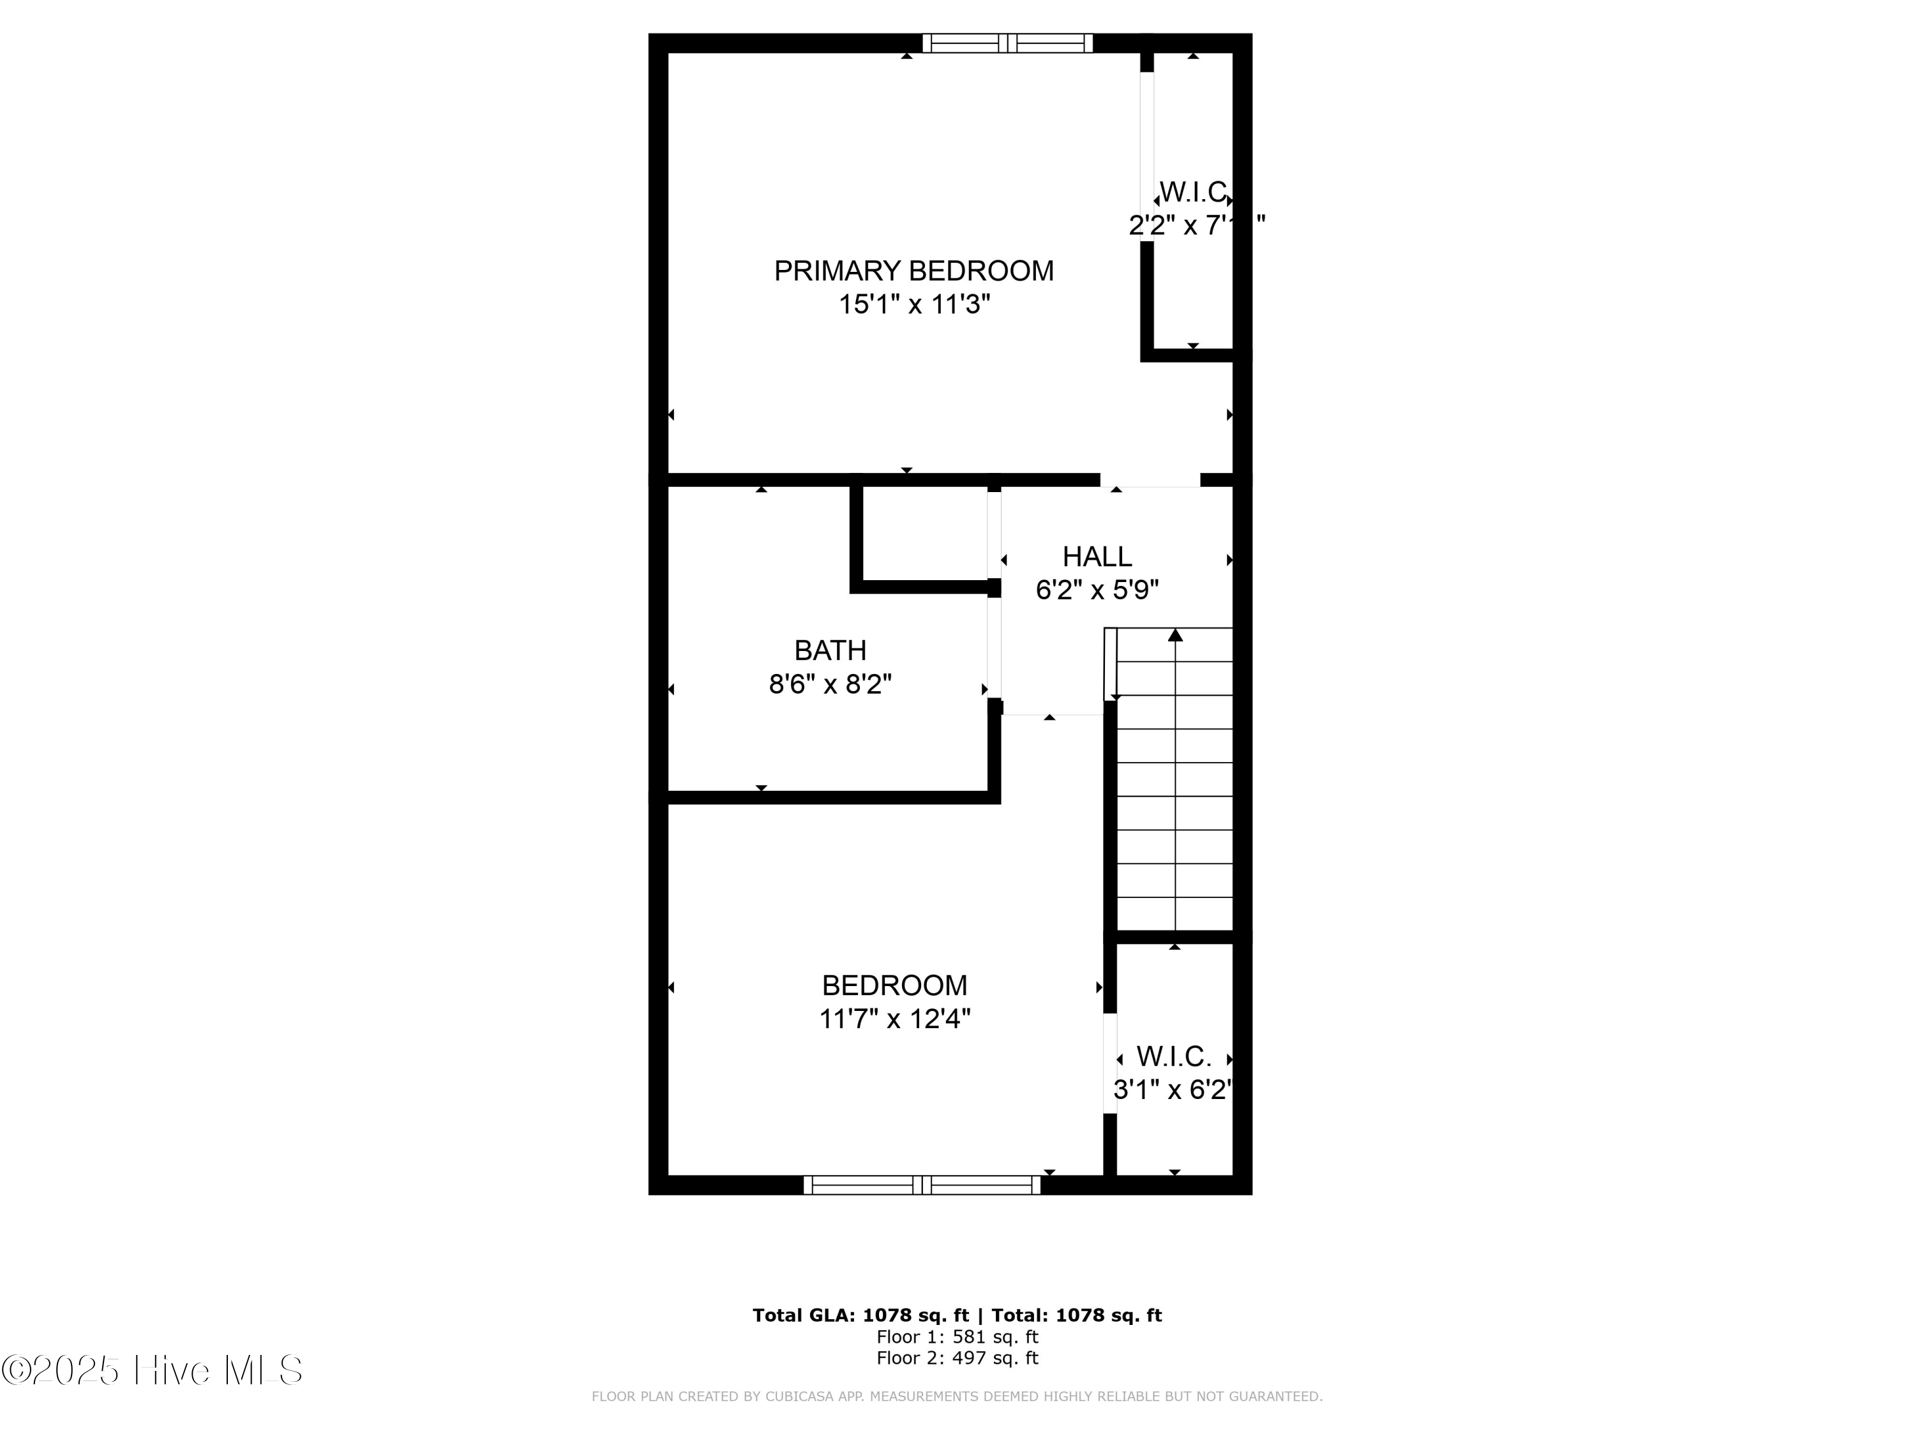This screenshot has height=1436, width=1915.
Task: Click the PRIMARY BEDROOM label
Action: point(913,271)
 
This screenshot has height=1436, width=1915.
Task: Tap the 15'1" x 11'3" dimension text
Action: point(913,304)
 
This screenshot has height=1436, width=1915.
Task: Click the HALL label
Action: point(1097,557)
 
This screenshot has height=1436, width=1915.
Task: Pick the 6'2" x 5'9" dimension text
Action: point(1097,590)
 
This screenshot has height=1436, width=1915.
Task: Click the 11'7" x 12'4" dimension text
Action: point(894,1019)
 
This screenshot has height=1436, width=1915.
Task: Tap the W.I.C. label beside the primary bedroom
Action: point(1192,191)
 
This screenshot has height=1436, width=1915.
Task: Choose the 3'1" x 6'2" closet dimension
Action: point(1172,1090)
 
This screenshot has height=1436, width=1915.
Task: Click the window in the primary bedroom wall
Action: point(1007,43)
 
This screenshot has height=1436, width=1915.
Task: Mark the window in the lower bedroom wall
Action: point(922,1185)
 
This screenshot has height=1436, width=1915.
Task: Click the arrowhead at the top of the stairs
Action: point(1175,635)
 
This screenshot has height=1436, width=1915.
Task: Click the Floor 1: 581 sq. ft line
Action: point(957,1337)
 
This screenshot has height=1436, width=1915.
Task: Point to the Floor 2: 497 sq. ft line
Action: point(957,1358)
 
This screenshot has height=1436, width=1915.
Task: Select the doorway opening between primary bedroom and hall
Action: point(1150,481)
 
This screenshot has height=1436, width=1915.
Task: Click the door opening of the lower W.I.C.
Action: point(1110,1063)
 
